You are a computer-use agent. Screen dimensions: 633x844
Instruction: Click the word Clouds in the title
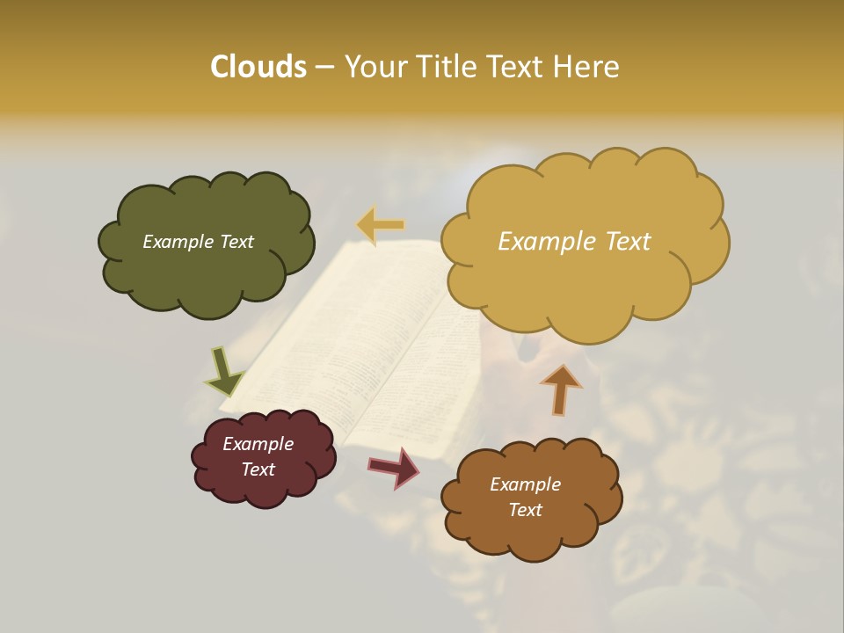pos(258,67)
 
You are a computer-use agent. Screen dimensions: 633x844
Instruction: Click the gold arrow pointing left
pos(381,225)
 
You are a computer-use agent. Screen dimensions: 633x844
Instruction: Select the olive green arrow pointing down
pos(223,371)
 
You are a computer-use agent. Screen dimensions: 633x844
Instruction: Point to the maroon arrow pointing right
pos(394,467)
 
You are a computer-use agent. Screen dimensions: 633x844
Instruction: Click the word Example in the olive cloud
pos(177,242)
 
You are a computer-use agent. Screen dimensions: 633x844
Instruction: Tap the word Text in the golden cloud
pos(621,242)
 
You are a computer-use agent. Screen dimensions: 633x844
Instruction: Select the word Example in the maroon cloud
pos(258,444)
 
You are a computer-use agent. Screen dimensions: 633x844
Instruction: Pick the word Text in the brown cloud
pos(525,510)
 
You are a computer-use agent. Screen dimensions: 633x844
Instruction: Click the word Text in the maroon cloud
pos(258,469)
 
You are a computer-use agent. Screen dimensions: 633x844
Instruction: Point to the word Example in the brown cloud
pos(525,484)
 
